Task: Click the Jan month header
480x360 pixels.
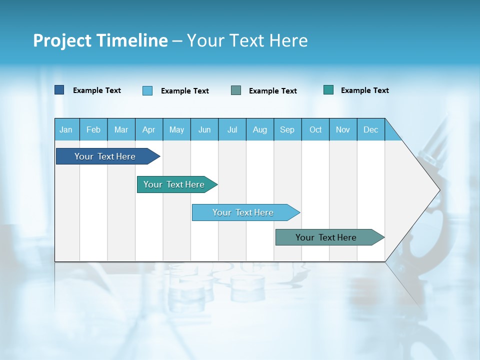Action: click(66, 130)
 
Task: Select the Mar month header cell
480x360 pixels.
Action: click(121, 130)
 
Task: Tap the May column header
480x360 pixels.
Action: click(176, 130)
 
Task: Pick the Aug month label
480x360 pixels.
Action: click(259, 130)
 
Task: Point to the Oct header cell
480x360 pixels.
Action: click(315, 130)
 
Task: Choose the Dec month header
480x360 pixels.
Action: click(370, 130)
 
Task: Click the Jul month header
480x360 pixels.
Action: click(232, 130)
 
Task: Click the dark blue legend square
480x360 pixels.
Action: click(59, 90)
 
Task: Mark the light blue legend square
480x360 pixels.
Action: click(147, 90)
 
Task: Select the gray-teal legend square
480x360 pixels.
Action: click(236, 90)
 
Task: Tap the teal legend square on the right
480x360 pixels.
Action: click(328, 90)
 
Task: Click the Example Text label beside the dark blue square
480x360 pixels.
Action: click(97, 90)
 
